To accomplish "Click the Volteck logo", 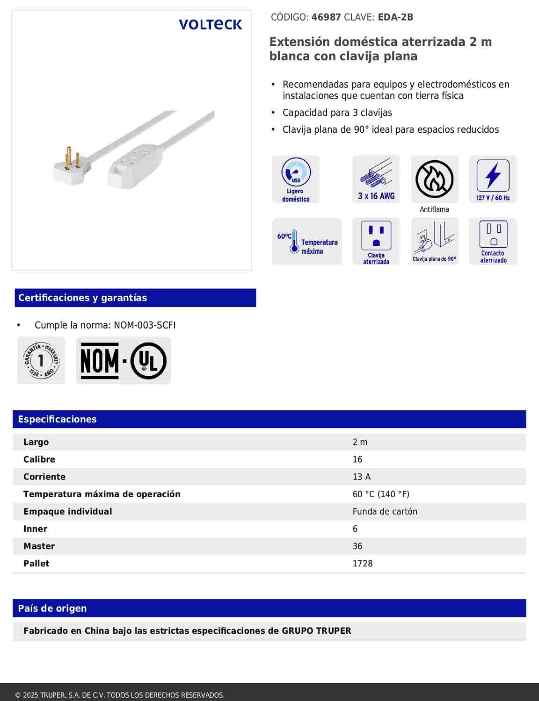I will pos(210,24).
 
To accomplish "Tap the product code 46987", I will pos(326,17).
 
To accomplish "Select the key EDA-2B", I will pos(395,17).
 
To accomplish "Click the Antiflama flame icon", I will pos(434,179).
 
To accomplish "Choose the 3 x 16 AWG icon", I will pos(376,179).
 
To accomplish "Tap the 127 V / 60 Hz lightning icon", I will pos(493,179).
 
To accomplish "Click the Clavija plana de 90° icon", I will pos(434,241).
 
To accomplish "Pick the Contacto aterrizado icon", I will pos(493,241).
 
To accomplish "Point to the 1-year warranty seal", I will pos(41,360).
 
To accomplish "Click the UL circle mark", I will pos(148,361).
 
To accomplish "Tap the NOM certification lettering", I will pos(100,361).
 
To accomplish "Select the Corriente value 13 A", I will pos(361,477).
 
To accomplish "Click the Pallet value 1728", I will pos(363,564).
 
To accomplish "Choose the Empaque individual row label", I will pos(68,512).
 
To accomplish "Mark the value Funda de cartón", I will pos(385,512).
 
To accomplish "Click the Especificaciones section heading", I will pos(57,419).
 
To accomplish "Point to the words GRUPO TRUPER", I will pos(316,631).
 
